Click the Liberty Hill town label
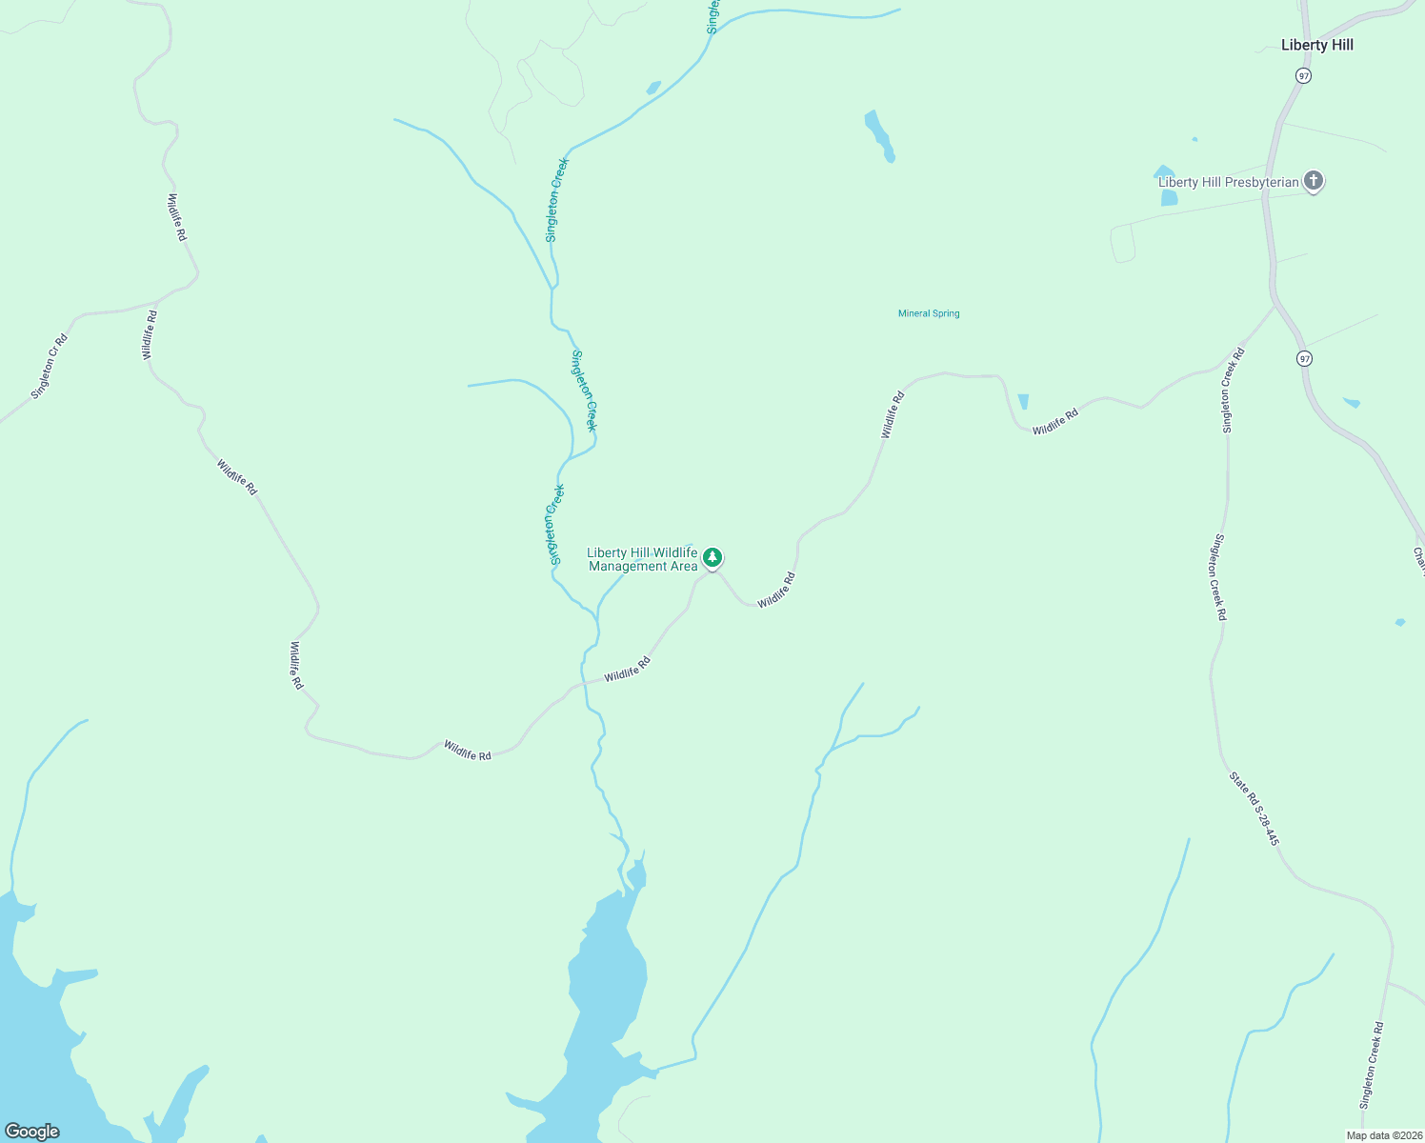tap(1316, 45)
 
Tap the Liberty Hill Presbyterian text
tap(1228, 182)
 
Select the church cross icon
tap(1313, 180)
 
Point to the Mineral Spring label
tap(929, 313)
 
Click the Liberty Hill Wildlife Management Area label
tap(642, 559)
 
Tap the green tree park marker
tap(712, 558)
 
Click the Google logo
tap(31, 1132)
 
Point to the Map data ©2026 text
tap(1384, 1135)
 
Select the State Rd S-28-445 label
tap(1254, 808)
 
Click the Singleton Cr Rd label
tap(50, 367)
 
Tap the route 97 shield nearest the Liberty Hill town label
tap(1303, 75)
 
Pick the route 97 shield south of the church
tap(1304, 358)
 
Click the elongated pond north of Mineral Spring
tap(878, 135)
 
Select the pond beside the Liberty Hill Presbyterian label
tap(1168, 197)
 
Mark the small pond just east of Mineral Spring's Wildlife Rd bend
tap(1023, 402)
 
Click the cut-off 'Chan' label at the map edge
tap(1417, 560)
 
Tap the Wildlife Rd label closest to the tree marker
tap(775, 591)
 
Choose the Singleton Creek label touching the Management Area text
tap(555, 524)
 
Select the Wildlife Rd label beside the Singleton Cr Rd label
tap(149, 334)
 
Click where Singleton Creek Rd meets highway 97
tap(1274, 307)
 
